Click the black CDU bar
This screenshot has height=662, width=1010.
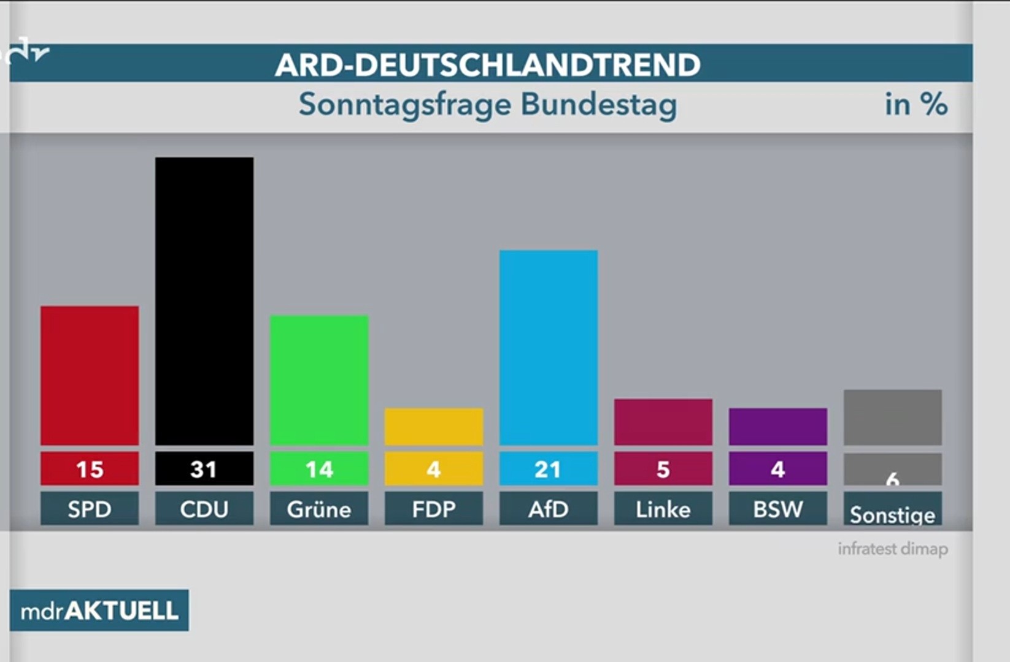[204, 301]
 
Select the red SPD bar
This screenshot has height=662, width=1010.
[90, 375]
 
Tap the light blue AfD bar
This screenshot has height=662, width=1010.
[548, 347]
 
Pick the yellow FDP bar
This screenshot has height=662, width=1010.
[433, 427]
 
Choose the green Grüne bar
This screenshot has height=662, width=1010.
[319, 380]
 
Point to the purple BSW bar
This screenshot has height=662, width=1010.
[777, 427]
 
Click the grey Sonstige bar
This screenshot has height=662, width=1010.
[892, 417]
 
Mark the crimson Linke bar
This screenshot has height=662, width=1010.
[663, 422]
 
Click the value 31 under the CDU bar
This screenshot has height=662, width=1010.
[204, 470]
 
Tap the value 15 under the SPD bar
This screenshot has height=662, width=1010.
[90, 470]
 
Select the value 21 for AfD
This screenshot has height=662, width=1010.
[548, 470]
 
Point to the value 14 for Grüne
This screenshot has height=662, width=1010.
[319, 470]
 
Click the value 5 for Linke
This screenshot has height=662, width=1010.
[663, 470]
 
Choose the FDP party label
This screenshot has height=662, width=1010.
[433, 509]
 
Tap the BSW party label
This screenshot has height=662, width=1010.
[777, 509]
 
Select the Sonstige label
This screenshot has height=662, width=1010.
[892, 514]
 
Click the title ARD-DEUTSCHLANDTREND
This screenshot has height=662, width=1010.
[487, 64]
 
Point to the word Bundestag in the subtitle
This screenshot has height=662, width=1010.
[599, 104]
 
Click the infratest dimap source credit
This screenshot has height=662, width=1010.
[892, 549]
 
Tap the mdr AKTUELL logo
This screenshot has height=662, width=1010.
[99, 611]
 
